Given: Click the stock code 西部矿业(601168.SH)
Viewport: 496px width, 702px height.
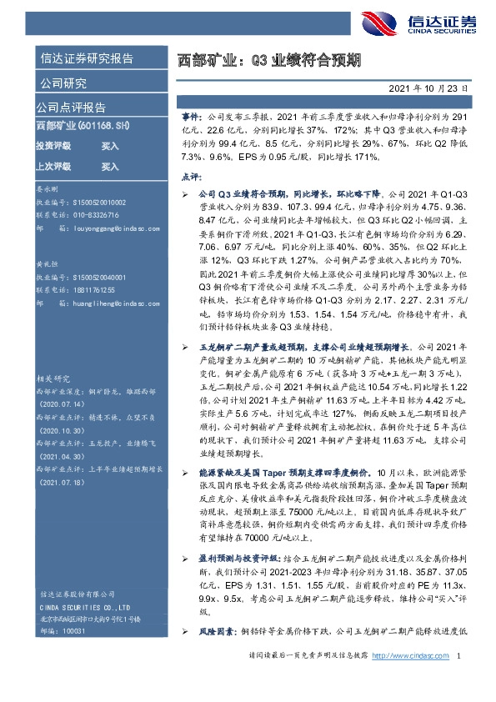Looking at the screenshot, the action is pyautogui.click(x=83, y=125).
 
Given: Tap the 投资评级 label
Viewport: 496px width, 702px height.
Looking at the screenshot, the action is pyautogui.click(x=54, y=145).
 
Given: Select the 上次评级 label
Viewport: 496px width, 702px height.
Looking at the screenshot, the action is pyautogui.click(x=54, y=166).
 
